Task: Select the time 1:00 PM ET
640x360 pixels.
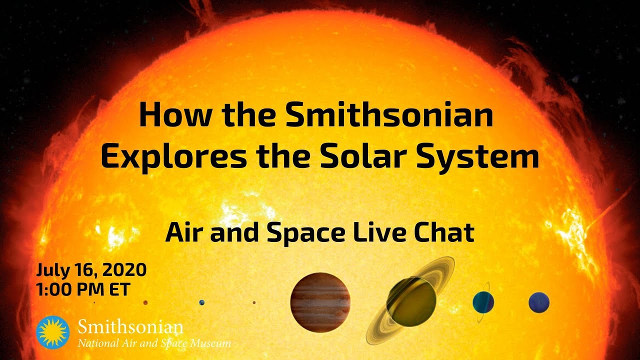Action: click(83, 289)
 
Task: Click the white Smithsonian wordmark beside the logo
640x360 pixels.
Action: click(130, 327)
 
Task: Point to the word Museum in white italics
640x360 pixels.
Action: click(210, 343)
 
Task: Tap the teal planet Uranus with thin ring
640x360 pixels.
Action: click(483, 302)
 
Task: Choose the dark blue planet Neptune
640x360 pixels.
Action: click(539, 302)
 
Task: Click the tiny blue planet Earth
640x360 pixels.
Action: click(201, 302)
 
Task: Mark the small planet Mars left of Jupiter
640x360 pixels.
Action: click(254, 302)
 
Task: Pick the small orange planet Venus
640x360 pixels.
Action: click(145, 302)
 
